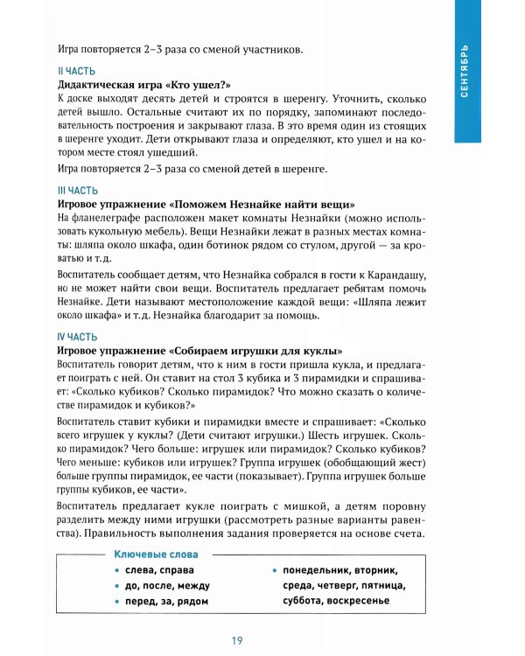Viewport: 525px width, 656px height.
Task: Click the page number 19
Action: (x=237, y=640)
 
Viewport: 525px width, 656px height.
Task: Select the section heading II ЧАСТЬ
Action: (x=76, y=71)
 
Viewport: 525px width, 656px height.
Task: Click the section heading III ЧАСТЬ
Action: (x=77, y=189)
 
